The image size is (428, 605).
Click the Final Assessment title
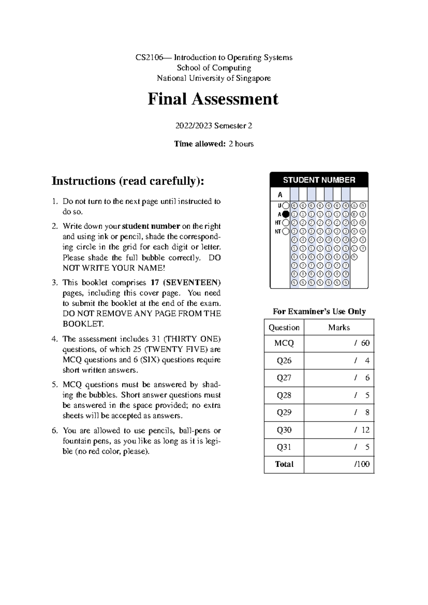pyautogui.click(x=213, y=99)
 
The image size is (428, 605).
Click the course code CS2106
pyautogui.click(x=149, y=57)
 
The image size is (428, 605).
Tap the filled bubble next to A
pyautogui.click(x=286, y=214)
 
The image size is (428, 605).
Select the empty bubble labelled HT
pyautogui.click(x=286, y=223)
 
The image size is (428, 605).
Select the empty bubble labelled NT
pyautogui.click(x=286, y=232)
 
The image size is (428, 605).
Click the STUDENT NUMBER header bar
pyautogui.click(x=319, y=180)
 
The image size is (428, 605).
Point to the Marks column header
pyautogui.click(x=339, y=327)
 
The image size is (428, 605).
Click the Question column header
pyautogui.click(x=284, y=327)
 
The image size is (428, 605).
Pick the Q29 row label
pyautogui.click(x=284, y=412)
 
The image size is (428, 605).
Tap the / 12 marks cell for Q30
pyautogui.click(x=362, y=430)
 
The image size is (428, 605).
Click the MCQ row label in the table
pyautogui.click(x=284, y=343)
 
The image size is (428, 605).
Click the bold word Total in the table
pyautogui.click(x=284, y=464)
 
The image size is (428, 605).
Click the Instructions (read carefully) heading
pyautogui.click(x=128, y=181)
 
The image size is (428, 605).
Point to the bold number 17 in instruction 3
pyautogui.click(x=154, y=283)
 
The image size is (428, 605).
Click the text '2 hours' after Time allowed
pyautogui.click(x=241, y=144)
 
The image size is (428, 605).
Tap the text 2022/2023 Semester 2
pyautogui.click(x=214, y=126)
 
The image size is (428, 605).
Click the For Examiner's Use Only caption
pyautogui.click(x=319, y=311)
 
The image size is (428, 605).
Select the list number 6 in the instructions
pyautogui.click(x=54, y=431)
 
